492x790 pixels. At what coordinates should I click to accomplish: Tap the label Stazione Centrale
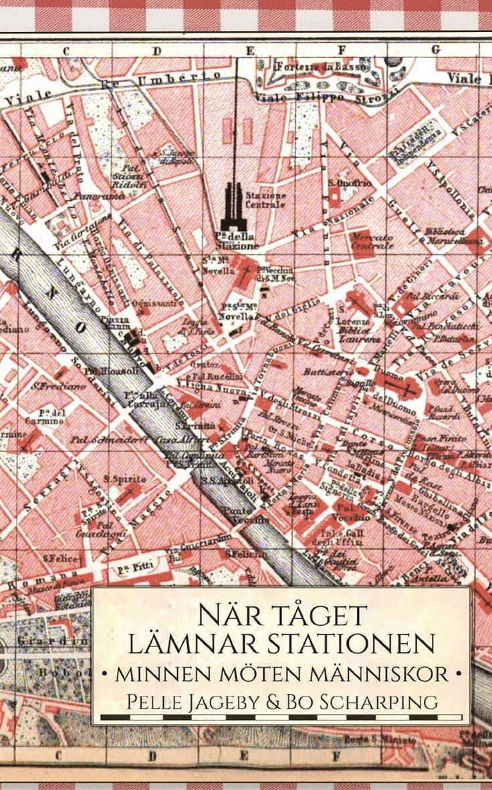[266, 200]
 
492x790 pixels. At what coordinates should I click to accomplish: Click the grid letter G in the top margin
[436, 49]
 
